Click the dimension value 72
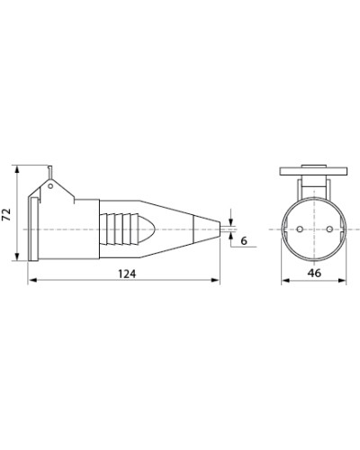[6, 214]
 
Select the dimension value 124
[127, 274]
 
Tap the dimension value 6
[244, 240]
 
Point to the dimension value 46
[314, 273]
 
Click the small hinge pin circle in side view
[50, 186]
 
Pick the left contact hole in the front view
[299, 229]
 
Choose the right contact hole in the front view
[329, 229]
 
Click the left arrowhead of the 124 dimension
[32, 280]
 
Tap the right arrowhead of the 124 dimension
[215, 280]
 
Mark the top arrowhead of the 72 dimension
[17, 170]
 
